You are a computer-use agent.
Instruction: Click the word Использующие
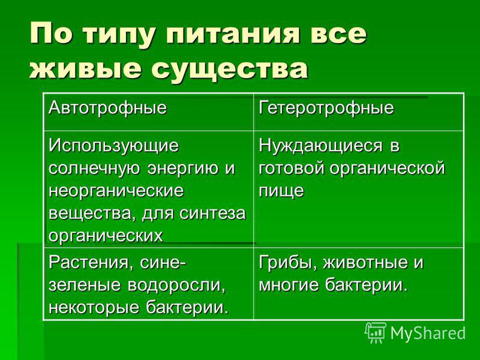click(x=113, y=146)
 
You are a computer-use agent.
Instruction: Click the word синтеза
click(x=212, y=213)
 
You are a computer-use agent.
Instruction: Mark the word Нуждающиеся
click(x=320, y=146)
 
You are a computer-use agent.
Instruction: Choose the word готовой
click(x=291, y=169)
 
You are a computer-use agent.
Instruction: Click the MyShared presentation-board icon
click(x=376, y=333)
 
